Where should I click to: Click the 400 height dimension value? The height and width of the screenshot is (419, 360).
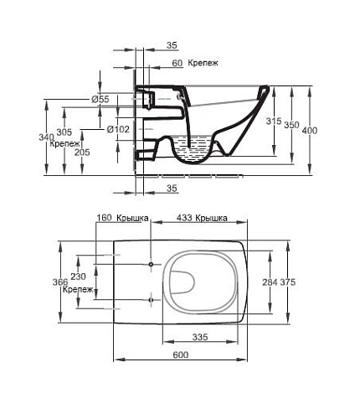click(x=310, y=131)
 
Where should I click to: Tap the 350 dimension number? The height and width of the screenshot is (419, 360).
click(x=291, y=125)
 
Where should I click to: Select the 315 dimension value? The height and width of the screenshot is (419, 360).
click(x=274, y=122)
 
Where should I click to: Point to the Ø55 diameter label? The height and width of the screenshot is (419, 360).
click(x=100, y=99)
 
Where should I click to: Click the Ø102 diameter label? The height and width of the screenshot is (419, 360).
click(x=118, y=129)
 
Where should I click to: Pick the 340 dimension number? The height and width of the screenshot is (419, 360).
click(x=46, y=137)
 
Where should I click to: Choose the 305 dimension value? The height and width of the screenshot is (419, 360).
click(x=64, y=132)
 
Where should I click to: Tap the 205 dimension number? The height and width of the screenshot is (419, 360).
click(x=82, y=153)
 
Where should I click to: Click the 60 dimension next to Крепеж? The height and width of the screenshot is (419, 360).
click(x=177, y=63)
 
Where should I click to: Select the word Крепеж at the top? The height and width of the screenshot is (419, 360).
click(x=203, y=63)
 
